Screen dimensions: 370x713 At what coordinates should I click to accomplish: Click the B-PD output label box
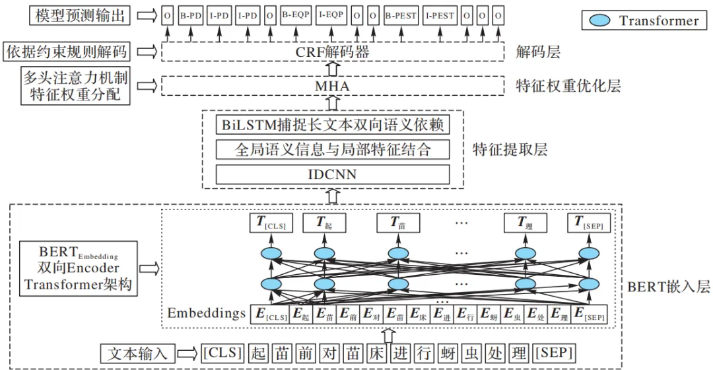tap(191, 15)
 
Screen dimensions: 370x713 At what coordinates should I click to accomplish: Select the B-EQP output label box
tap(294, 15)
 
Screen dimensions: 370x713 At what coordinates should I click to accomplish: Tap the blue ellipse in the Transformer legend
tap(599, 20)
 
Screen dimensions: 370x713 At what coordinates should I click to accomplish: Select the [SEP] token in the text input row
tap(553, 352)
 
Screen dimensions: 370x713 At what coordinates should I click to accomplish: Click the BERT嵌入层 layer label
tap(667, 287)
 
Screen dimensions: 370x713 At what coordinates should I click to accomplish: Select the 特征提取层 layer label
tap(510, 149)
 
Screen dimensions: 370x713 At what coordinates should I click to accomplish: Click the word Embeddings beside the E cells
tap(207, 313)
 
